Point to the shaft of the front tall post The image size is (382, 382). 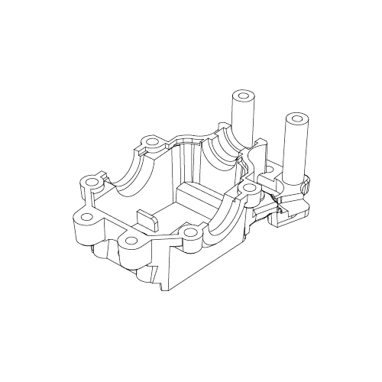click(294, 153)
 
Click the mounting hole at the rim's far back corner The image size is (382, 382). click(152, 142)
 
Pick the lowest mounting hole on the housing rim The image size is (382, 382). click(131, 241)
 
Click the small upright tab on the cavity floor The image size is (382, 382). click(146, 219)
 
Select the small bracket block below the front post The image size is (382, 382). click(286, 218)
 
